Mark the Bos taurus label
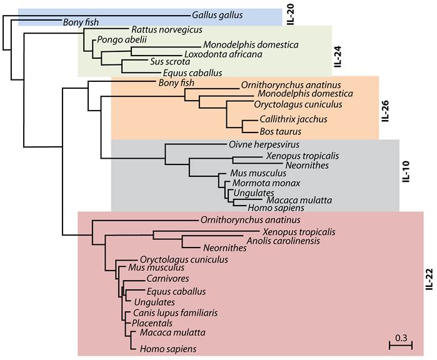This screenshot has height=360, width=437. point(280,131)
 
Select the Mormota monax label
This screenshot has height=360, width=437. point(258,182)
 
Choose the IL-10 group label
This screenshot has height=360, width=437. point(404,173)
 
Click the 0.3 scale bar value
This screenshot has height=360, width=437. point(400,338)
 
